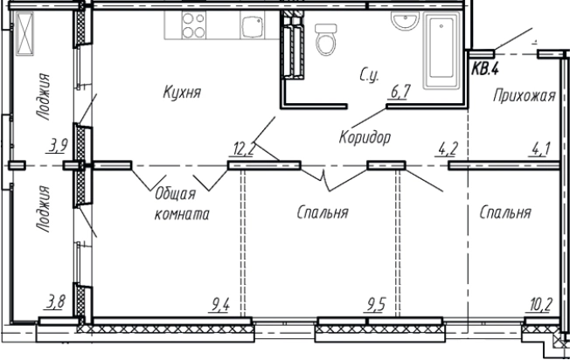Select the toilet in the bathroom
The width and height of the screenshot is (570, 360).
(324, 38)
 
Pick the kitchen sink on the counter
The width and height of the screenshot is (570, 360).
(253, 27)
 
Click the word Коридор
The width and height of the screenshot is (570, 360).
(364, 137)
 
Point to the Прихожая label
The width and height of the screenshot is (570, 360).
(524, 97)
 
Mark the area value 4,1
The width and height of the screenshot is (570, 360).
(539, 148)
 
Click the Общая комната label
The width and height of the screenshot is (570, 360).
(180, 204)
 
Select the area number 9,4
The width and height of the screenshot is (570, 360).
(220, 306)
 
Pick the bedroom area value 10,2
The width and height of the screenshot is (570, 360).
(540, 306)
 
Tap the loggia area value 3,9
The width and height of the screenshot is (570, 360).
(59, 146)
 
